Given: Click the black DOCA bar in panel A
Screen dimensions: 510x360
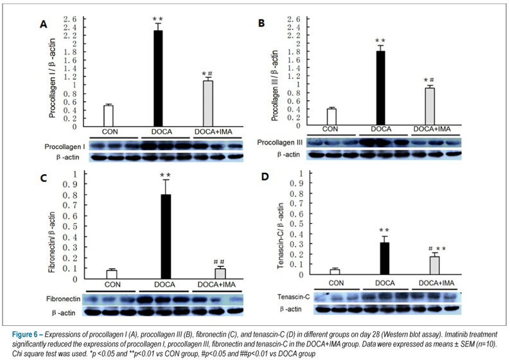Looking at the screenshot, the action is click(158, 78).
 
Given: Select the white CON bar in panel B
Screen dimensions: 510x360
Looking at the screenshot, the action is click(331, 117).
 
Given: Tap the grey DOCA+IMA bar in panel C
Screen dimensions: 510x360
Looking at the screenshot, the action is click(220, 274).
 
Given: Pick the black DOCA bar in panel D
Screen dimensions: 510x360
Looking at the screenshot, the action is click(385, 259).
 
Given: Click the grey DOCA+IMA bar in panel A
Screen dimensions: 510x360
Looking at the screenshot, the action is click(208, 104).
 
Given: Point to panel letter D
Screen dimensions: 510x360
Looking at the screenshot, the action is click(265, 177).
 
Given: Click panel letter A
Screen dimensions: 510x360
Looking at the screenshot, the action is click(43, 24).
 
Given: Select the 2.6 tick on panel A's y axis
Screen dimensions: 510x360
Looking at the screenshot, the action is click(69, 19).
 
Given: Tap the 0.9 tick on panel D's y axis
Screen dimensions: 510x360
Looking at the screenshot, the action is click(296, 183).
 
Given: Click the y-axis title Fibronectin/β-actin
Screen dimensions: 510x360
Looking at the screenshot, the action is click(52, 242).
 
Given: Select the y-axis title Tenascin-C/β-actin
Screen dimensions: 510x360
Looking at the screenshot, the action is click(281, 236).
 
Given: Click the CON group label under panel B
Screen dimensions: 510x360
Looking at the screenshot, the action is click(330, 129).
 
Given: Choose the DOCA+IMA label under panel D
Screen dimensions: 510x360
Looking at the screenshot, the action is click(436, 283).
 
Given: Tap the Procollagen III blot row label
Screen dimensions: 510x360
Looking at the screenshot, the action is click(279, 142).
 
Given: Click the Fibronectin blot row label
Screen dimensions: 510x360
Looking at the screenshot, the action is click(63, 299).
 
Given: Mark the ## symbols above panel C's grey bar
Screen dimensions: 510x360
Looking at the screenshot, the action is click(219, 262).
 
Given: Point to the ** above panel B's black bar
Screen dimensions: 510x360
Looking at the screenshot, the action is click(380, 41).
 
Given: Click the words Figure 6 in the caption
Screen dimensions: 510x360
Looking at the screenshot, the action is click(24, 335).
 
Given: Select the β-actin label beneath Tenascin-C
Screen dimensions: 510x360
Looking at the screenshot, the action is click(290, 309).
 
